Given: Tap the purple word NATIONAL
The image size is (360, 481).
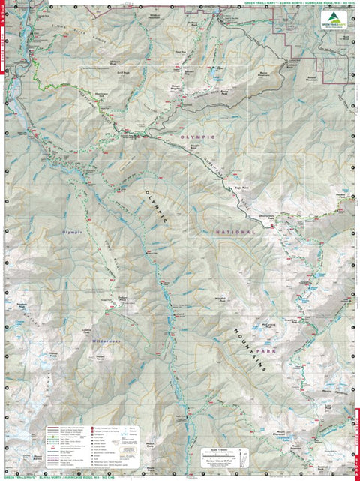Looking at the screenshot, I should coord(235,233).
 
